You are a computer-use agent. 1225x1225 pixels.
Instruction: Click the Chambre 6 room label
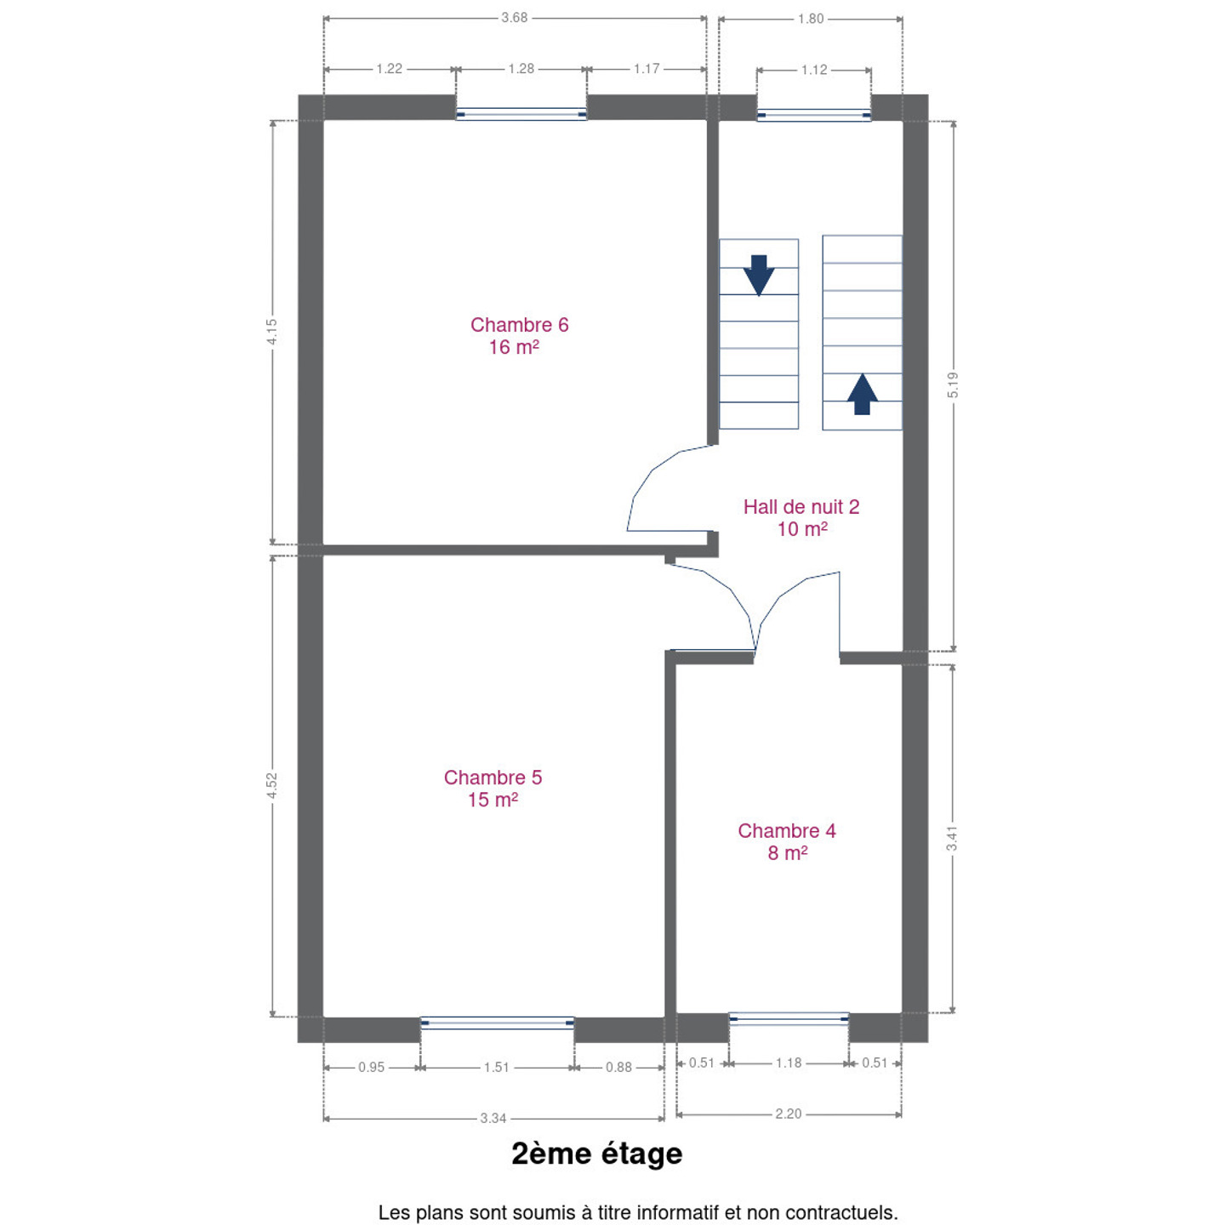[519, 336]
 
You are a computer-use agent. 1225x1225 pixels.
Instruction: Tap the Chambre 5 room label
[493, 789]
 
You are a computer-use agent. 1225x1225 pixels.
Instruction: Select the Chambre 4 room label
[787, 841]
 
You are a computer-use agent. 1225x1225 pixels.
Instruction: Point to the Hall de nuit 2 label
[801, 517]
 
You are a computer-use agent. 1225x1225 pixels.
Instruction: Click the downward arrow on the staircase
[759, 276]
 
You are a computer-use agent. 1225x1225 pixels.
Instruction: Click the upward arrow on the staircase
[863, 394]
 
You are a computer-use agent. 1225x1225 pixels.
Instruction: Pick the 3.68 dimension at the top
[515, 18]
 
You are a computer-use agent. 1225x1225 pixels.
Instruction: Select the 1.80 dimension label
[811, 19]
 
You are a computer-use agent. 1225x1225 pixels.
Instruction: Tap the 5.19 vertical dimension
[953, 385]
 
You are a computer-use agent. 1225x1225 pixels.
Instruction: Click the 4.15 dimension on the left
[272, 332]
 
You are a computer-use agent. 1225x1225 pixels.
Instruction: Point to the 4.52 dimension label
[272, 786]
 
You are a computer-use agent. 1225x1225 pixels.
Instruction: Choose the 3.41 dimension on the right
[952, 839]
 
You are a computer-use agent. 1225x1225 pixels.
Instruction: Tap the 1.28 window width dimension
[521, 69]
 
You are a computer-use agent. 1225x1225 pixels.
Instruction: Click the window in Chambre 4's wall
[789, 1019]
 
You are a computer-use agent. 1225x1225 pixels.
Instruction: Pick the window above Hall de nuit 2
[814, 115]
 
